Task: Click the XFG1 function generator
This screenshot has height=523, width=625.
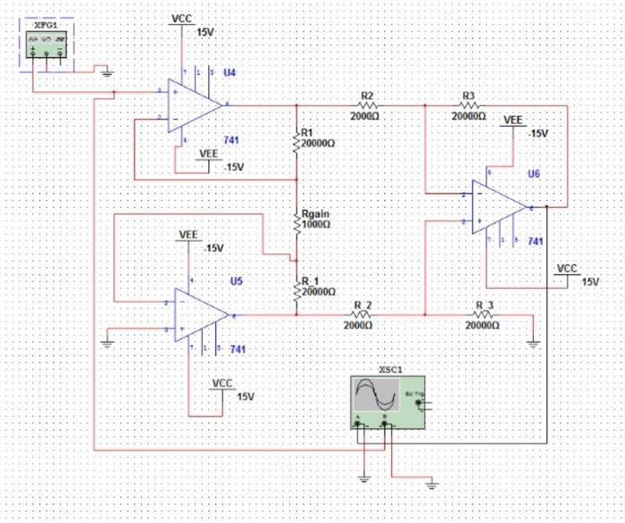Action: click(46, 43)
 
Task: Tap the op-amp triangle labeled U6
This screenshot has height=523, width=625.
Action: click(500, 207)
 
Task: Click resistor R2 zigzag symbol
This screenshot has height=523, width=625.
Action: click(366, 104)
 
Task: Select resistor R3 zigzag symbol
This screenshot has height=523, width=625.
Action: click(468, 104)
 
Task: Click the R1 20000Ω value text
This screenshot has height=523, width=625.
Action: click(318, 143)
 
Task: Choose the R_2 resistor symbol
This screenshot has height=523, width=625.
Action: click(362, 315)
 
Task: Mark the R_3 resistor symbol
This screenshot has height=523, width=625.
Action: click(483, 315)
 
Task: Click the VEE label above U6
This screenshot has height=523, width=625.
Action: click(513, 119)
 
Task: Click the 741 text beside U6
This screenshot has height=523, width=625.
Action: click(536, 241)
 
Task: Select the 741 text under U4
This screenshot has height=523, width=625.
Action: click(231, 141)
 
